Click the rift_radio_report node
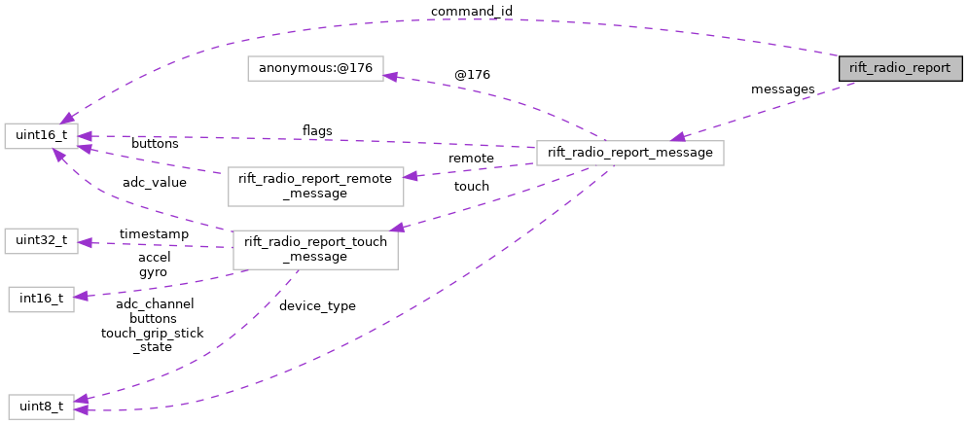click(901, 68)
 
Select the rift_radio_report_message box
click(629, 153)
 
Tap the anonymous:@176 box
click(315, 69)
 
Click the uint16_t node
click(41, 136)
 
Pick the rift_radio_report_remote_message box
click(315, 186)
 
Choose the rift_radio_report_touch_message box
click(315, 249)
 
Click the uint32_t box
click(41, 241)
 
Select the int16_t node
click(41, 299)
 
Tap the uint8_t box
click(41, 407)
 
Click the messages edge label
click(782, 89)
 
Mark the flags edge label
click(317, 131)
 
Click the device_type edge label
click(317, 306)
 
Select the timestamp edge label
click(154, 234)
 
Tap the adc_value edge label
click(154, 183)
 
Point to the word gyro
click(154, 272)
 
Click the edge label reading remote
click(471, 158)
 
